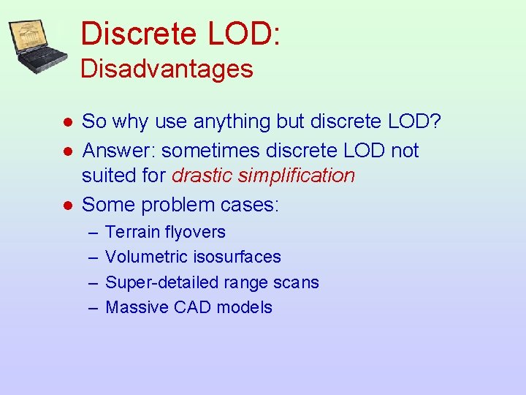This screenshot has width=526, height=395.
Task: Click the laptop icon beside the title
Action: (x=39, y=45)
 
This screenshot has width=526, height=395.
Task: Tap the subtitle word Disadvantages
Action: (x=167, y=69)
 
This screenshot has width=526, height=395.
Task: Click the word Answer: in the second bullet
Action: (x=119, y=151)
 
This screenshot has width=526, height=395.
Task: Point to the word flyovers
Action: (x=196, y=233)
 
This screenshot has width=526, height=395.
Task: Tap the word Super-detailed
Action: (x=156, y=282)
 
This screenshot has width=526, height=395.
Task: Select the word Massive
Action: (x=137, y=307)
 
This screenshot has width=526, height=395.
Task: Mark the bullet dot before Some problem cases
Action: (x=66, y=206)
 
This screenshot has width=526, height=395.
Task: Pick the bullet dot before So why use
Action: (x=66, y=121)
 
